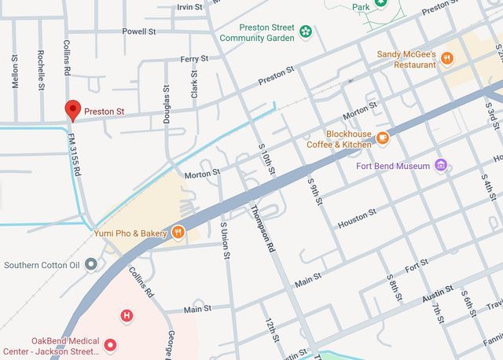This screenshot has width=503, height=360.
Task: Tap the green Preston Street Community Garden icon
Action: click(305, 32)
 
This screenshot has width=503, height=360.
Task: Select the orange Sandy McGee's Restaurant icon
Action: click(447, 58)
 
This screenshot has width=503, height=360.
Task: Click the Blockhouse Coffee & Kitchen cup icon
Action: click(383, 138)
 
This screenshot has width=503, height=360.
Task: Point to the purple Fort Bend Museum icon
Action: click(442, 166)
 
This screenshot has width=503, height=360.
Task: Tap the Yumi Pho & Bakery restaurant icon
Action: click(178, 233)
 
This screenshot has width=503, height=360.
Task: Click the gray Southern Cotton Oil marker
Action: click(91, 265)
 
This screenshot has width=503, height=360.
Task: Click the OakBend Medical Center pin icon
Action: click(111, 344)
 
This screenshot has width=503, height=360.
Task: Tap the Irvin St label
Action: click(189, 6)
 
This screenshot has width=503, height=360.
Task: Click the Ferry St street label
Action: click(193, 59)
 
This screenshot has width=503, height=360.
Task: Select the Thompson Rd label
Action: click(263, 227)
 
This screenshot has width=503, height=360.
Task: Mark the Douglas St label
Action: click(167, 106)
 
